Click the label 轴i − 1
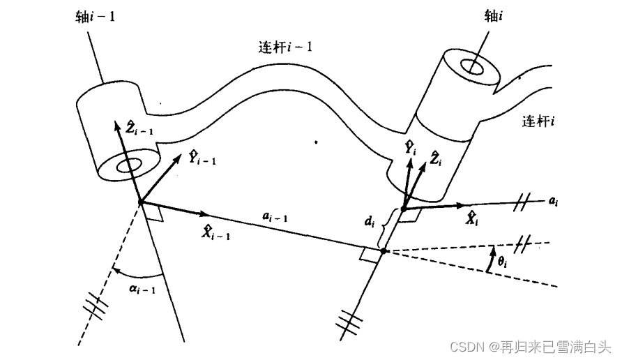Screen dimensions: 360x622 (x=94, y=15)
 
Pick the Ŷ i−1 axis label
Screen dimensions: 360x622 (x=203, y=157)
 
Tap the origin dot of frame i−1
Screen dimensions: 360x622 (x=141, y=202)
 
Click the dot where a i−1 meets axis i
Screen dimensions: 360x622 (x=383, y=250)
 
